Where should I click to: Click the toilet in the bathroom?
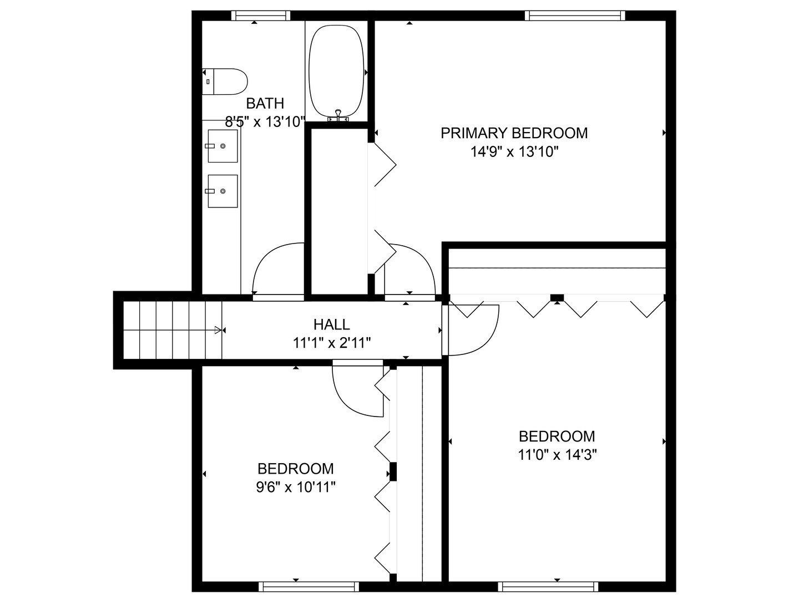click(225, 82)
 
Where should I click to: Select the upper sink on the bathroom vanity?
click(222, 146)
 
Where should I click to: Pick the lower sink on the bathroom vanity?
click(222, 191)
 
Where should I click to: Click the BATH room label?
click(265, 104)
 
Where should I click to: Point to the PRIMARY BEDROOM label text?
click(514, 133)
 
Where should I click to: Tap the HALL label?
click(332, 324)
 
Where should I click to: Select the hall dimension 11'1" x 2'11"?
click(332, 343)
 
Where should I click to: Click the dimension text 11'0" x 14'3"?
click(557, 455)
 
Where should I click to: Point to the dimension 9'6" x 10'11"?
click(296, 487)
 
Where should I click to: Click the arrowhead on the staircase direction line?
click(218, 330)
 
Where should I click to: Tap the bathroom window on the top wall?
click(261, 16)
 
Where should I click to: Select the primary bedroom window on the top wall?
click(575, 16)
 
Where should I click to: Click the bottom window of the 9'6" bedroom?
click(309, 586)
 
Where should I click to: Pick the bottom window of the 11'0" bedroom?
click(548, 586)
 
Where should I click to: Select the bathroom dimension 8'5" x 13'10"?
click(265, 122)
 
